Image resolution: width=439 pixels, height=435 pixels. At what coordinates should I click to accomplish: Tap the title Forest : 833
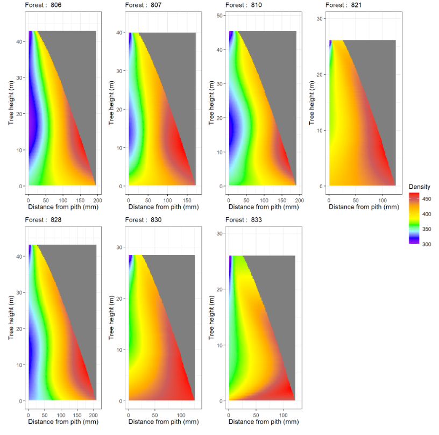[244, 219]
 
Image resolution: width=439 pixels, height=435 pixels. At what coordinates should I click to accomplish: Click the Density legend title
[419, 187]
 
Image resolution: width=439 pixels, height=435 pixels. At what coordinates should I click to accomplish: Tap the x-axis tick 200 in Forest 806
[97, 200]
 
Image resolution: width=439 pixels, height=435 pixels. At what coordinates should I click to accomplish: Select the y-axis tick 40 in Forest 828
[19, 256]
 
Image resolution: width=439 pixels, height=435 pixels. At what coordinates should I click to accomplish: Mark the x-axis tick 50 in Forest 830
[155, 415]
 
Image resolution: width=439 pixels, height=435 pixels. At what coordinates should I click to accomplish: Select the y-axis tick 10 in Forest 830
[119, 350]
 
